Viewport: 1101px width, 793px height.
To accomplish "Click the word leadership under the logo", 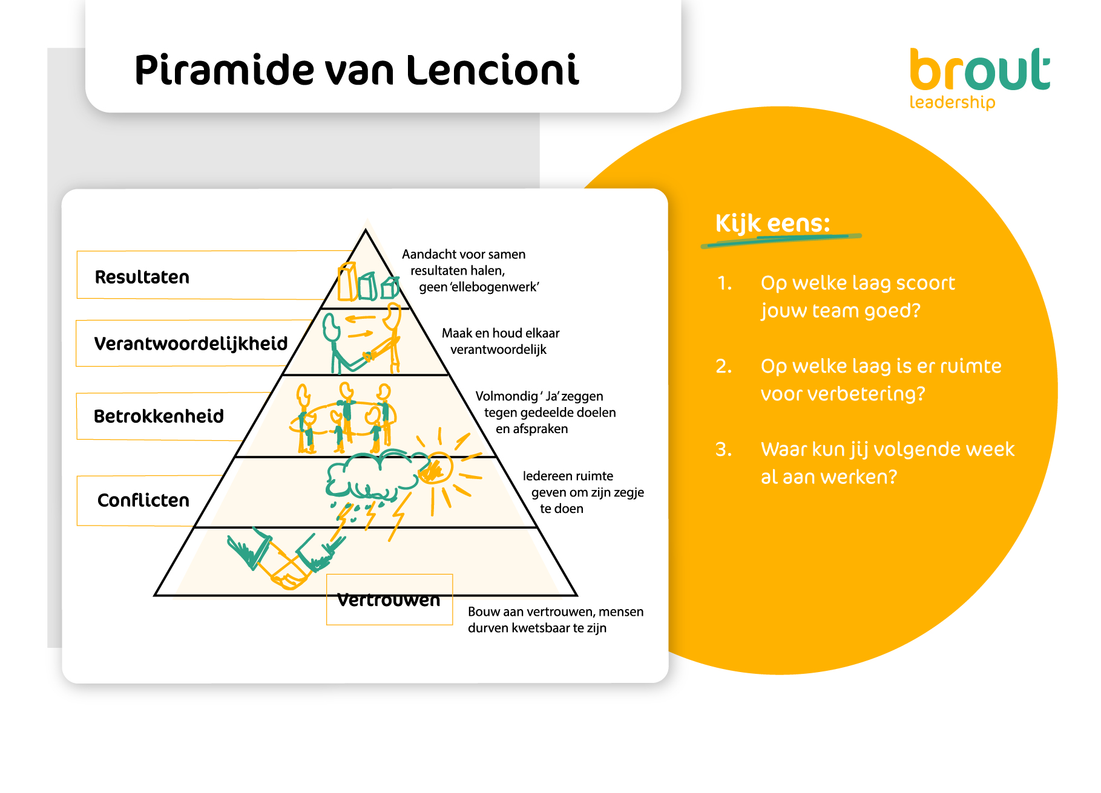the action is (x=952, y=102).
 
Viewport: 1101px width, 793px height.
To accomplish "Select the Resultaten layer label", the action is (x=142, y=277).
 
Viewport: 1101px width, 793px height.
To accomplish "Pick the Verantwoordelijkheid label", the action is (x=191, y=344).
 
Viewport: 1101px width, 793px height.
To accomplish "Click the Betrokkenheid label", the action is (x=159, y=416).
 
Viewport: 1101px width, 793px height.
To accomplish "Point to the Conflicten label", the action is (x=143, y=500).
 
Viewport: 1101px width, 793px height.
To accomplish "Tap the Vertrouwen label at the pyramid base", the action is (x=389, y=600).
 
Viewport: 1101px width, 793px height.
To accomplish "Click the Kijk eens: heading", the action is (x=773, y=224).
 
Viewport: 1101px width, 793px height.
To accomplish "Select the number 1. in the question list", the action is (x=725, y=283).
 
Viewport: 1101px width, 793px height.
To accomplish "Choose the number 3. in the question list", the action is (x=724, y=449).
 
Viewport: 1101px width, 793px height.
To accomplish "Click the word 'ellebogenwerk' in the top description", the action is (x=495, y=287).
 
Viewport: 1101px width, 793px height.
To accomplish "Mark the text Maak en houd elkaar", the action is (x=501, y=333).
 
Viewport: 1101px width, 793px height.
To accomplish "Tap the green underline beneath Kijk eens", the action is (x=781, y=240).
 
